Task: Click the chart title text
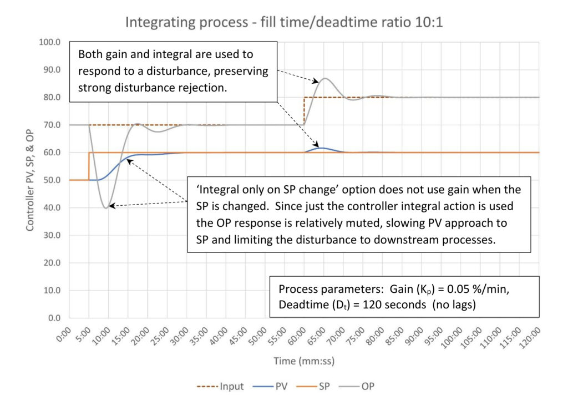click(x=284, y=22)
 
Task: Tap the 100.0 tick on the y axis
click(x=51, y=42)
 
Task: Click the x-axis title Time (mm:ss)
click(x=303, y=361)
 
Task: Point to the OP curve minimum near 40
click(x=105, y=207)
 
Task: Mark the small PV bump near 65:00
click(x=321, y=148)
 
